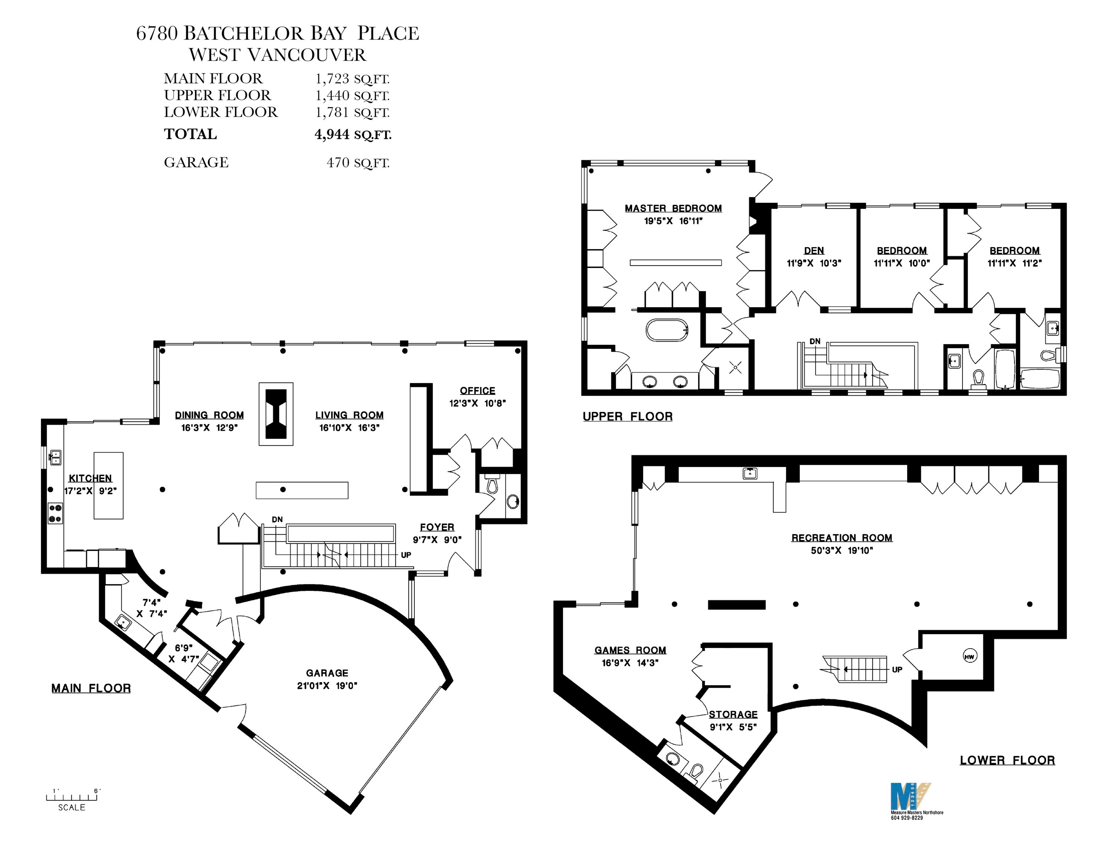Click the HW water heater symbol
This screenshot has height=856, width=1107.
969,657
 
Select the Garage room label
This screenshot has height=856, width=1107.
327,673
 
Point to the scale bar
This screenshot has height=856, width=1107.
72,797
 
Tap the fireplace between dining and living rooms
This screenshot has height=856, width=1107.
276,414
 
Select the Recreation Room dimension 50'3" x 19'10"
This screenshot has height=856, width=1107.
841,551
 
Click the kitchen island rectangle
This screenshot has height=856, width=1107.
108,485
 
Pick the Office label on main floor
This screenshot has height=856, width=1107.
478,390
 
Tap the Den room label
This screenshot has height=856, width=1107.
814,250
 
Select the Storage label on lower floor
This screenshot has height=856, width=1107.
733,714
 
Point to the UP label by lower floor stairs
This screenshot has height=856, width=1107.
897,669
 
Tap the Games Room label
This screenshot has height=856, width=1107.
630,650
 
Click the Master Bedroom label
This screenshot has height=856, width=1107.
673,208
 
